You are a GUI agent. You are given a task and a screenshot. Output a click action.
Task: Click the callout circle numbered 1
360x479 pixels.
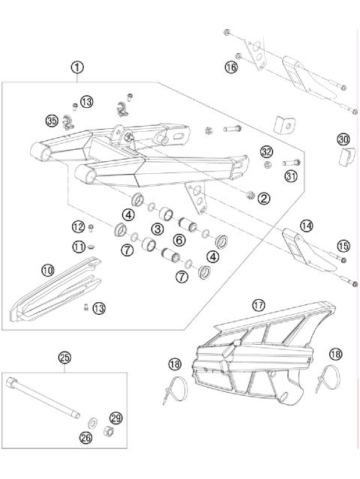(x=78, y=67)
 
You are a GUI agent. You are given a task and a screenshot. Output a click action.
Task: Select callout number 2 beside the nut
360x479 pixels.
(x=263, y=199)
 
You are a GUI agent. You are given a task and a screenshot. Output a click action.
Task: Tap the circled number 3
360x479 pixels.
(x=157, y=228)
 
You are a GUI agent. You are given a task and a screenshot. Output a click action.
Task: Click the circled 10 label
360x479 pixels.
(x=48, y=270)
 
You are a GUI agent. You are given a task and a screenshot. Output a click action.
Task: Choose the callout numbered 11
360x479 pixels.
(x=79, y=246)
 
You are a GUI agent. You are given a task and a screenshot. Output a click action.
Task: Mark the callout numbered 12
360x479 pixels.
(x=79, y=226)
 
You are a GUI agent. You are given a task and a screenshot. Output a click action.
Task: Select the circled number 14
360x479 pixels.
(x=306, y=225)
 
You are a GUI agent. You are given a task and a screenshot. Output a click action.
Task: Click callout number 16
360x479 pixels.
(x=232, y=67)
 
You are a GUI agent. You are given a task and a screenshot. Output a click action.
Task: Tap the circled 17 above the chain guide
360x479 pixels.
(x=259, y=305)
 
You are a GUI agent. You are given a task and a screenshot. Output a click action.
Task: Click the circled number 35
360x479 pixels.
(x=51, y=121)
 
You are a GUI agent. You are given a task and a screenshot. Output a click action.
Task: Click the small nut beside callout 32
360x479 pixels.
(x=266, y=164)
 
